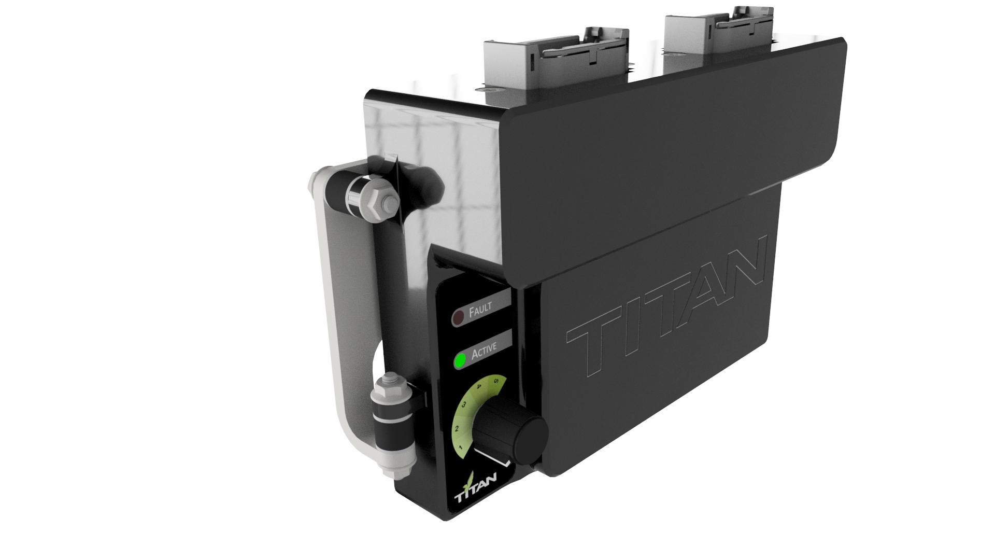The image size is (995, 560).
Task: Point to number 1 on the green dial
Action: click(461, 447)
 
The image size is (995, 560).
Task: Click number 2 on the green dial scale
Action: click(457, 429)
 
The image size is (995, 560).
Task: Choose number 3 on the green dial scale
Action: click(464, 405)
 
